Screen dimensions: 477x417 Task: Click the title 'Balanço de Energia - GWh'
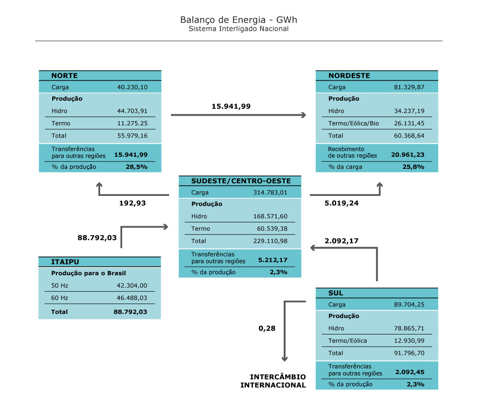click(238, 20)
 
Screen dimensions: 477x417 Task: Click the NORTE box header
click(64, 76)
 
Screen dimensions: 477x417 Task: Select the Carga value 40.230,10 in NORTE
click(132, 87)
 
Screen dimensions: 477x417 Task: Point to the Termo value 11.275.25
click(132, 123)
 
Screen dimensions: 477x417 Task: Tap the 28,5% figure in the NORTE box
click(136, 167)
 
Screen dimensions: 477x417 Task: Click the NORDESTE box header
click(349, 76)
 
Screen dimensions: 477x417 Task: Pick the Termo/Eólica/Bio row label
click(354, 123)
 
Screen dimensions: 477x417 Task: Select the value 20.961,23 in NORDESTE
click(408, 155)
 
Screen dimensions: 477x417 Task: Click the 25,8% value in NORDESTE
click(414, 167)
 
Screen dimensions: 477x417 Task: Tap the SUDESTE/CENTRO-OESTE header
click(241, 181)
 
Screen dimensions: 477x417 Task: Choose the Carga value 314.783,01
click(270, 193)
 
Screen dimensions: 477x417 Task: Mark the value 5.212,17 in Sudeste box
click(273, 260)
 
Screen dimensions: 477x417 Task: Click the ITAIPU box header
click(65, 262)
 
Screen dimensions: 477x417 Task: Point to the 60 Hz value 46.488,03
click(132, 298)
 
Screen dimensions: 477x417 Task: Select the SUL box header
click(336, 293)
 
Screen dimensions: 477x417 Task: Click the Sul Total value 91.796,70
click(409, 353)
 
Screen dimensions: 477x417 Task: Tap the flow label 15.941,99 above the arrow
click(231, 106)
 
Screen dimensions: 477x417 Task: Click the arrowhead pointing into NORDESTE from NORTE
click(304, 115)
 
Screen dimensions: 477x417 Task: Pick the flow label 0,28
click(267, 328)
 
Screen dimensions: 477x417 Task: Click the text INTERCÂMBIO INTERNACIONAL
click(273, 381)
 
